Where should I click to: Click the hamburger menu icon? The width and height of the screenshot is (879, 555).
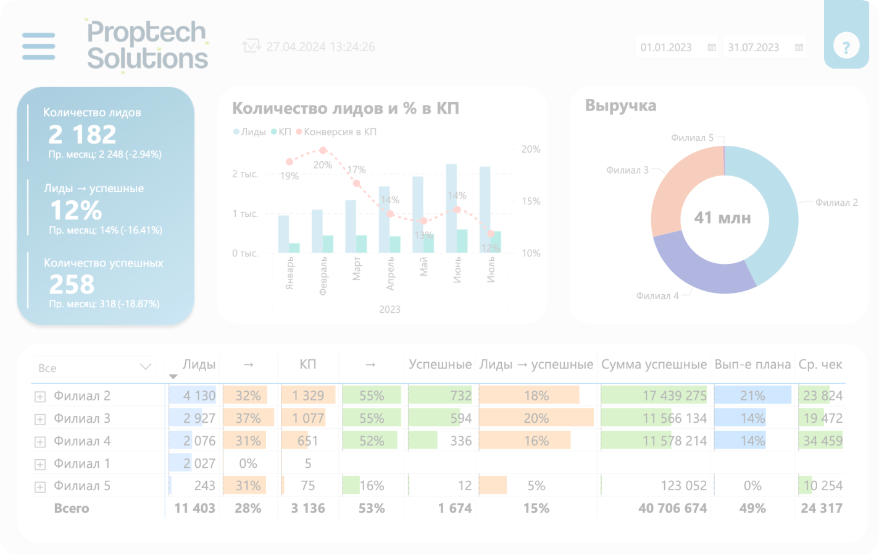click(38, 46)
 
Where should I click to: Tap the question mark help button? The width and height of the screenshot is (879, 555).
click(846, 46)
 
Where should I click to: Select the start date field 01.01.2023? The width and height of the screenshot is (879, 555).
click(667, 48)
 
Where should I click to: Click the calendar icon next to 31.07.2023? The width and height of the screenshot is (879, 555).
click(799, 48)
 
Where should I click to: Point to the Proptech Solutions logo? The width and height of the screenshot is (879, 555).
click(147, 46)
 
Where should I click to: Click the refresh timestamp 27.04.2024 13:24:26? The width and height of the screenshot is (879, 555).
click(320, 47)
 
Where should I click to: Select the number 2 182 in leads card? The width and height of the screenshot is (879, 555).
click(82, 134)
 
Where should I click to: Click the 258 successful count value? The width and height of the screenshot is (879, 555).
click(72, 284)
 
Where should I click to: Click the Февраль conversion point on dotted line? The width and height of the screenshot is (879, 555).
click(323, 150)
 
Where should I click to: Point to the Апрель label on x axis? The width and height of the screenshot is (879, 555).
click(390, 274)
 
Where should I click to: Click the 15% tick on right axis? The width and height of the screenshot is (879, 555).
click(531, 201)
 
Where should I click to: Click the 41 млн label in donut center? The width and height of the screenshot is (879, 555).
click(722, 218)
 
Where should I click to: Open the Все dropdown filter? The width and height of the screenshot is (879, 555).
click(94, 367)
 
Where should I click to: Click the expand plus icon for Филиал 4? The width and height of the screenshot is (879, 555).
click(40, 442)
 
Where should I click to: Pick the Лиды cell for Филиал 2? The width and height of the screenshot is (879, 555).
click(193, 396)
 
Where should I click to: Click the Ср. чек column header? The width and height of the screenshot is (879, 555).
click(820, 365)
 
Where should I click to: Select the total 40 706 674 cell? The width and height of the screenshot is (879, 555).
click(672, 508)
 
